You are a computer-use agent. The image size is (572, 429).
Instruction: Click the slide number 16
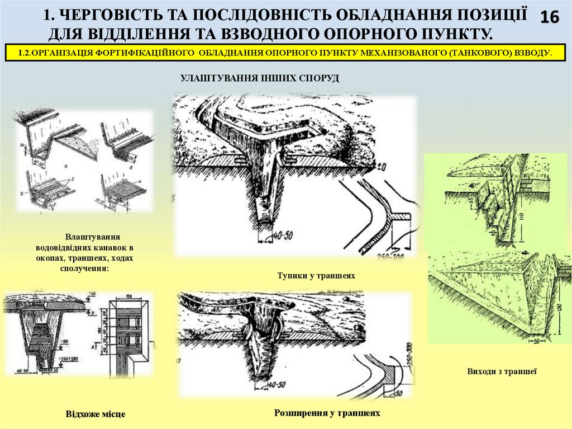(x=550, y=18)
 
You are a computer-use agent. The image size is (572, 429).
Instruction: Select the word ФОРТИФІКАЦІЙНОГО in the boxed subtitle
(x=142, y=53)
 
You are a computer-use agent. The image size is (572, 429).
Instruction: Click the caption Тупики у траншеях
(x=316, y=276)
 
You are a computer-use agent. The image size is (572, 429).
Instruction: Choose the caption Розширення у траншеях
(x=327, y=413)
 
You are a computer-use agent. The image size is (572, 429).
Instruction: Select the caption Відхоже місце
(x=96, y=414)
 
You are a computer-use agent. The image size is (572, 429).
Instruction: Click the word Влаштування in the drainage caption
(x=92, y=237)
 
